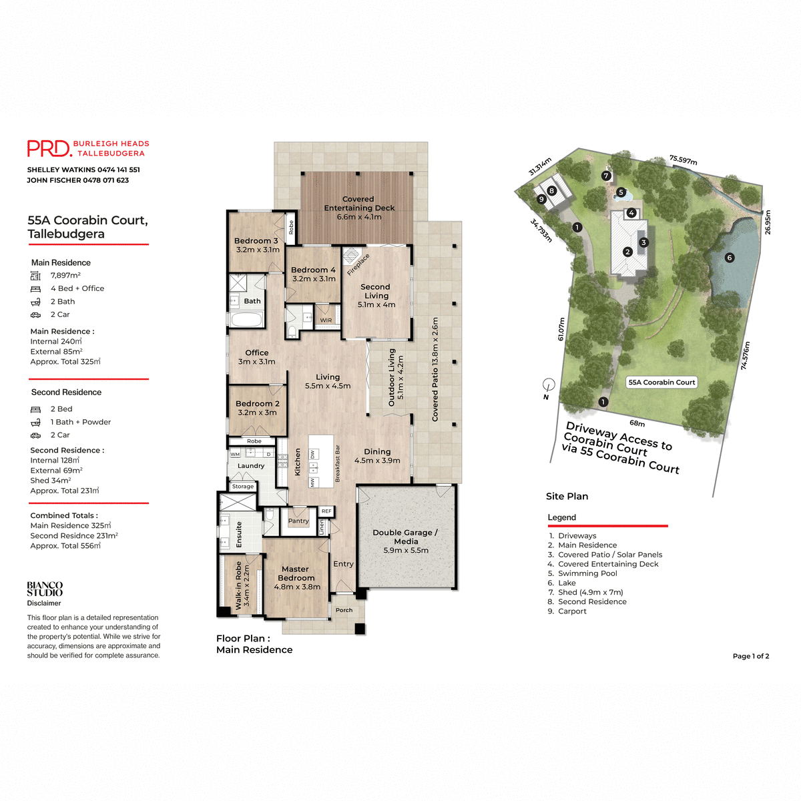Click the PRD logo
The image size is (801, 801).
pyautogui.click(x=49, y=148)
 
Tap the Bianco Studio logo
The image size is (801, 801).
pyautogui.click(x=45, y=589)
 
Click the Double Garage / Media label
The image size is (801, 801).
pyautogui.click(x=405, y=541)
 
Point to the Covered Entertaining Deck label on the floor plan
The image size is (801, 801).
pyautogui.click(x=359, y=208)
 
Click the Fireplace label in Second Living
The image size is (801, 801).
pyautogui.click(x=358, y=264)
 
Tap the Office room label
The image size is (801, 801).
pyautogui.click(x=257, y=357)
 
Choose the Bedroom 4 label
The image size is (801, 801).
pyautogui.click(x=313, y=274)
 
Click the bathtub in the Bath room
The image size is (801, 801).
pyautogui.click(x=246, y=320)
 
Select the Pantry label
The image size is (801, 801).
pyautogui.click(x=298, y=521)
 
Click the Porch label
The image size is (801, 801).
pyautogui.click(x=344, y=610)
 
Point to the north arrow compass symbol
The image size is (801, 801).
pyautogui.click(x=549, y=385)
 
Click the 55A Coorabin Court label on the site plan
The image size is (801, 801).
pyautogui.click(x=661, y=382)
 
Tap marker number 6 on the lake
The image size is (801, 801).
pyautogui.click(x=729, y=258)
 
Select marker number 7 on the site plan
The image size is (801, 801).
pyautogui.click(x=606, y=176)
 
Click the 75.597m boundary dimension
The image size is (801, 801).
pyautogui.click(x=683, y=160)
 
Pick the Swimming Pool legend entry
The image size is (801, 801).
pyautogui.click(x=587, y=573)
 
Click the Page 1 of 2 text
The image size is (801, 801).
pyautogui.click(x=750, y=656)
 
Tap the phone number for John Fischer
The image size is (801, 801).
pyautogui.click(x=105, y=180)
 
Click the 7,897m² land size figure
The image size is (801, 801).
pyautogui.click(x=65, y=275)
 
